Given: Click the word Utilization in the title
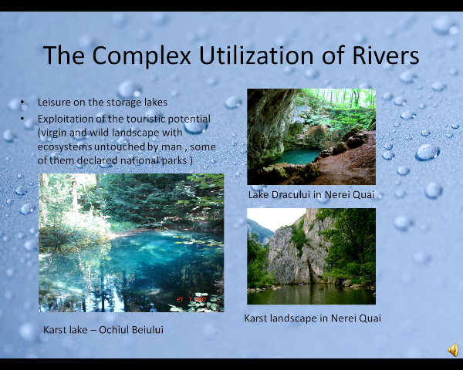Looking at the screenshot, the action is point(256,55).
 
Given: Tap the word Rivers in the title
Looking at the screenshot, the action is point(386,55).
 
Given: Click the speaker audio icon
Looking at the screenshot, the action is point(453,350).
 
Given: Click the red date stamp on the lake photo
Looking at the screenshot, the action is point(191,300).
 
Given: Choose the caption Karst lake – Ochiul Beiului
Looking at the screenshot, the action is point(103,330).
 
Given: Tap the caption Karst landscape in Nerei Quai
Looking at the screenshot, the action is point(313,318).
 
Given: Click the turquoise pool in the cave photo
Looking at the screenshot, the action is point(297,156).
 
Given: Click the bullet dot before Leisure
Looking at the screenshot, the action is point(22,102).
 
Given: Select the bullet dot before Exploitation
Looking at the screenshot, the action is point(22,119).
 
